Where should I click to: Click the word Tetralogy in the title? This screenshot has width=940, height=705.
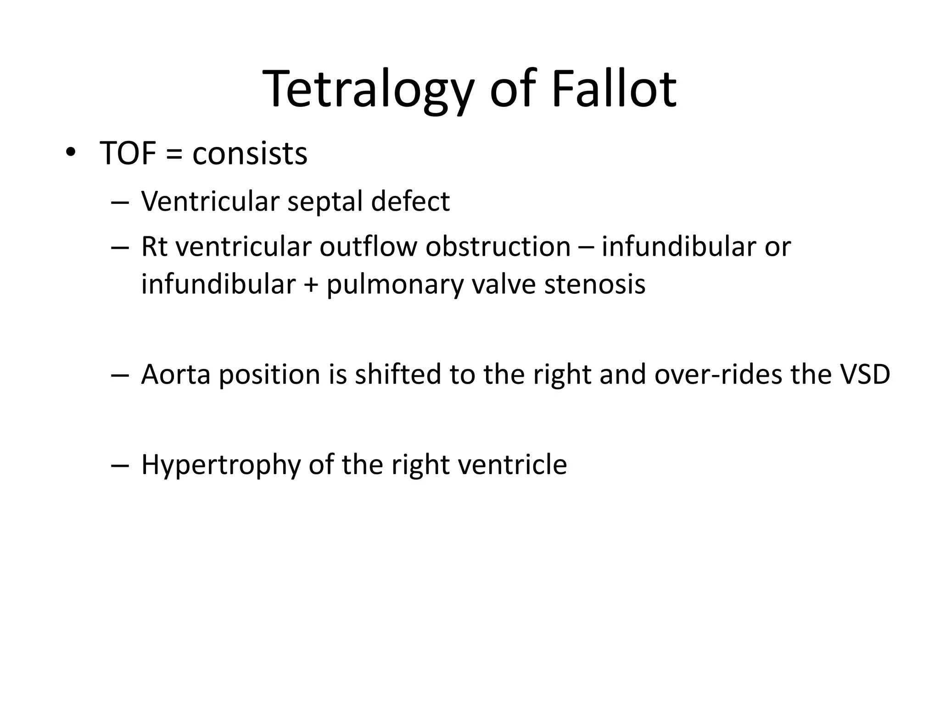tap(368, 89)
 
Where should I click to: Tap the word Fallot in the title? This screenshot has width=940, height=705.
tap(614, 89)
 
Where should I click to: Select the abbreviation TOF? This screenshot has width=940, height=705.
tap(128, 153)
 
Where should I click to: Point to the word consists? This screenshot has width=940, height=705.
tap(250, 153)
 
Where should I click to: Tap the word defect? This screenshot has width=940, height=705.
tap(410, 201)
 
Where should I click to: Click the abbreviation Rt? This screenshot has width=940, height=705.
tap(155, 246)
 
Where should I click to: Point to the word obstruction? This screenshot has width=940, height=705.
tap(498, 246)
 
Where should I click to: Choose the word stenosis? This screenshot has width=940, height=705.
tap(595, 284)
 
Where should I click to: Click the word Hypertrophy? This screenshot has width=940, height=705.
tap(220, 465)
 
